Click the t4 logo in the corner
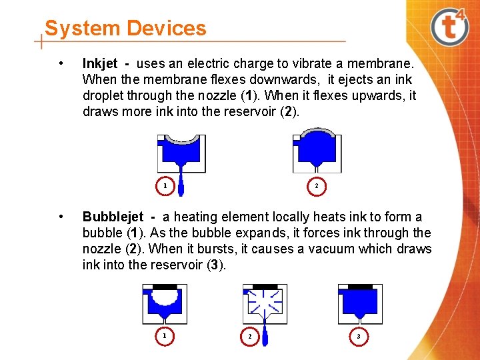tap(450, 27)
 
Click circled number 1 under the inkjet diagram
tap(165, 186)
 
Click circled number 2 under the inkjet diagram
tap(317, 186)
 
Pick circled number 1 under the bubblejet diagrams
tap(165, 336)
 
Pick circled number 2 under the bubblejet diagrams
tap(250, 337)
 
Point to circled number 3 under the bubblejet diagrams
tap(358, 337)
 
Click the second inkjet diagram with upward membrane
tap(317, 153)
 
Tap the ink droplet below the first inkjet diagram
tap(181, 187)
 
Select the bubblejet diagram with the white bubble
tap(165, 303)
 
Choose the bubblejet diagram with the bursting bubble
tap(265, 303)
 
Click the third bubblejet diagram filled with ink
tap(360, 303)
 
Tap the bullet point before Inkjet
tap(61, 64)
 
